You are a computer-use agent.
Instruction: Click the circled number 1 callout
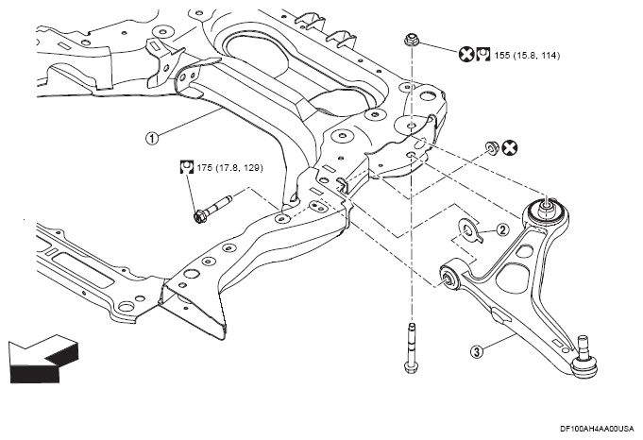click(x=152, y=138)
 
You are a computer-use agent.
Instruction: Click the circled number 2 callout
click(x=502, y=230)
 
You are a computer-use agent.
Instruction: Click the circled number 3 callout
click(x=477, y=351)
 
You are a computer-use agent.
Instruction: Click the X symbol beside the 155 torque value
click(x=465, y=54)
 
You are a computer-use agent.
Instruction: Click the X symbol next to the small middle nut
click(x=510, y=148)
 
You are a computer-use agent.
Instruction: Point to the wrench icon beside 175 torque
click(x=187, y=167)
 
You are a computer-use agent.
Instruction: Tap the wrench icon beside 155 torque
click(x=483, y=54)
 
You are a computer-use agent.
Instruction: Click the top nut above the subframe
click(x=411, y=40)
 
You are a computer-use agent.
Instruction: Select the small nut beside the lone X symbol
click(x=490, y=147)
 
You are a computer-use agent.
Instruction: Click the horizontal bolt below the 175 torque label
click(x=212, y=209)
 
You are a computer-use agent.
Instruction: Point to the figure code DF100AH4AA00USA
click(x=597, y=429)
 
